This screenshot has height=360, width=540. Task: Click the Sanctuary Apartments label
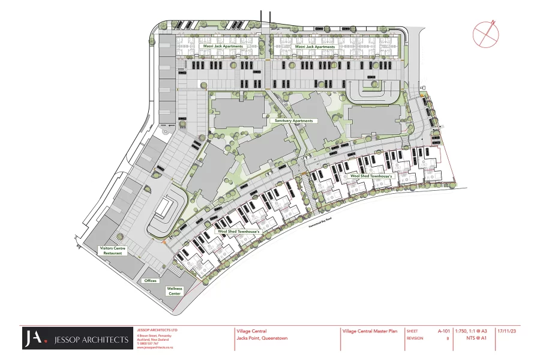click(294, 121)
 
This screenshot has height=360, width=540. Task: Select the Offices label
click(150, 280)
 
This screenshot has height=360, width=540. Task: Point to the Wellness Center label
click(175, 291)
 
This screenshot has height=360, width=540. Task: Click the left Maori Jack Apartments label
click(223, 46)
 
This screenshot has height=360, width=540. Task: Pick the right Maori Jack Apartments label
click(314, 46)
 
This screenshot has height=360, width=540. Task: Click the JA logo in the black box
click(35, 339)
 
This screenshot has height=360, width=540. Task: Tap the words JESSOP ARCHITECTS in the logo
click(92, 340)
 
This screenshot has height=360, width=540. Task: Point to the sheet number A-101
click(443, 331)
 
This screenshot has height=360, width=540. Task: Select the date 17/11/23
click(507, 331)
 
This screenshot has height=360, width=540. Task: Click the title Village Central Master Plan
click(370, 331)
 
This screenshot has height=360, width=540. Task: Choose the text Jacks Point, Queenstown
click(262, 338)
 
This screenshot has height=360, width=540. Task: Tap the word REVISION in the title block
click(415, 338)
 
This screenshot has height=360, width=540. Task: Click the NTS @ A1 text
click(476, 338)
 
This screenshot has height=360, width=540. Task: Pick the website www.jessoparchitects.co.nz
click(155, 347)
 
